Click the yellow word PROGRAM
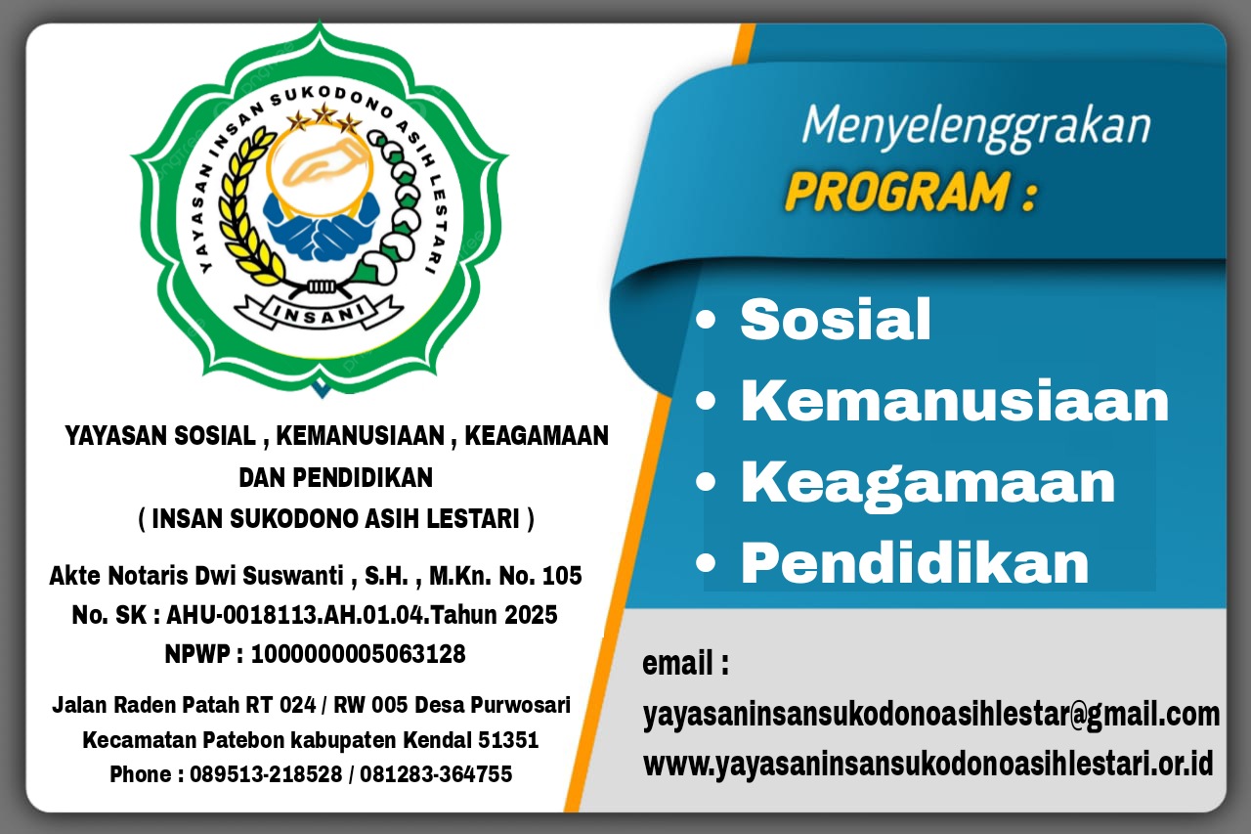point(898,192)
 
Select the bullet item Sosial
point(836,319)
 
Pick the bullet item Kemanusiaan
point(955,401)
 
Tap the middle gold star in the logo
point(324,114)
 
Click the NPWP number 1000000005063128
point(358,653)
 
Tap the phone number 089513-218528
point(266,774)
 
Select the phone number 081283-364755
point(436,774)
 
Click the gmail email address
point(931,715)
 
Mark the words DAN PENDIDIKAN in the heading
point(335,477)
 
